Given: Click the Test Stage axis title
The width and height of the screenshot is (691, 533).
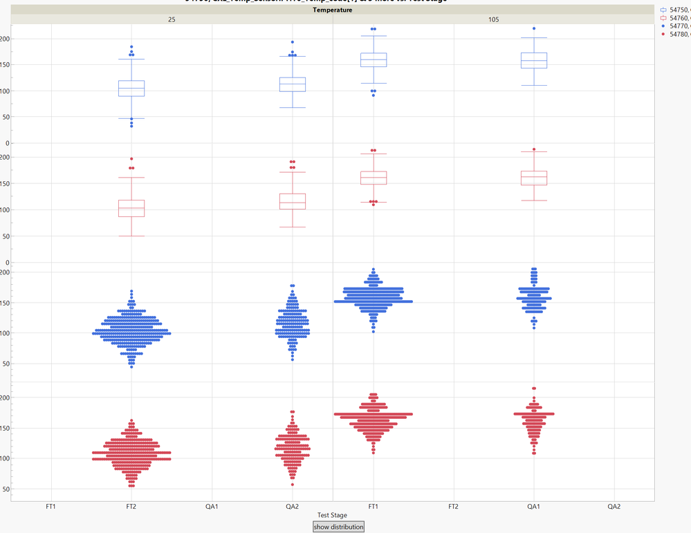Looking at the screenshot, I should click(x=332, y=515).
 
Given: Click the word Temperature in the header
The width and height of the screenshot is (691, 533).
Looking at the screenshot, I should click(x=332, y=10).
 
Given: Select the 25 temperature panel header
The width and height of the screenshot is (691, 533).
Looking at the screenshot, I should click(x=172, y=19).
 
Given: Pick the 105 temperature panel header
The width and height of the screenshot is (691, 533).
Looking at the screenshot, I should click(x=493, y=19).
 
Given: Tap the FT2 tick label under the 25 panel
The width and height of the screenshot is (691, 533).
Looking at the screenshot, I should click(x=131, y=507).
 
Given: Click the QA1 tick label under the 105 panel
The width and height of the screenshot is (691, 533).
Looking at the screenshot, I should click(x=533, y=507).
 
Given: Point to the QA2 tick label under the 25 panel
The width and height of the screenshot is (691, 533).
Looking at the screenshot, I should click(x=292, y=507).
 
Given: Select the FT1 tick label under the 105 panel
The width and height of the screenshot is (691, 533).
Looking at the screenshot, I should click(x=373, y=507).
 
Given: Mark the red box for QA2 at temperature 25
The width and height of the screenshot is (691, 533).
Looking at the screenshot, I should click(x=292, y=201).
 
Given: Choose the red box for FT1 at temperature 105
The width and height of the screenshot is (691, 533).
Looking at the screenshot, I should click(x=373, y=178).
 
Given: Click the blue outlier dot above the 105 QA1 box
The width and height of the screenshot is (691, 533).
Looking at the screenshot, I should click(x=533, y=29).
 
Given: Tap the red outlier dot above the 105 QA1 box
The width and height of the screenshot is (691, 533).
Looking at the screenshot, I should click(x=533, y=149).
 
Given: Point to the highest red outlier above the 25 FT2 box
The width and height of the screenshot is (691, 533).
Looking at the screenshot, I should click(x=131, y=159).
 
